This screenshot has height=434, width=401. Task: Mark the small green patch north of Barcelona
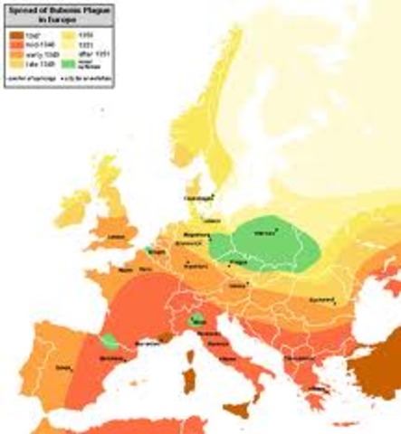[x=110, y=342]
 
